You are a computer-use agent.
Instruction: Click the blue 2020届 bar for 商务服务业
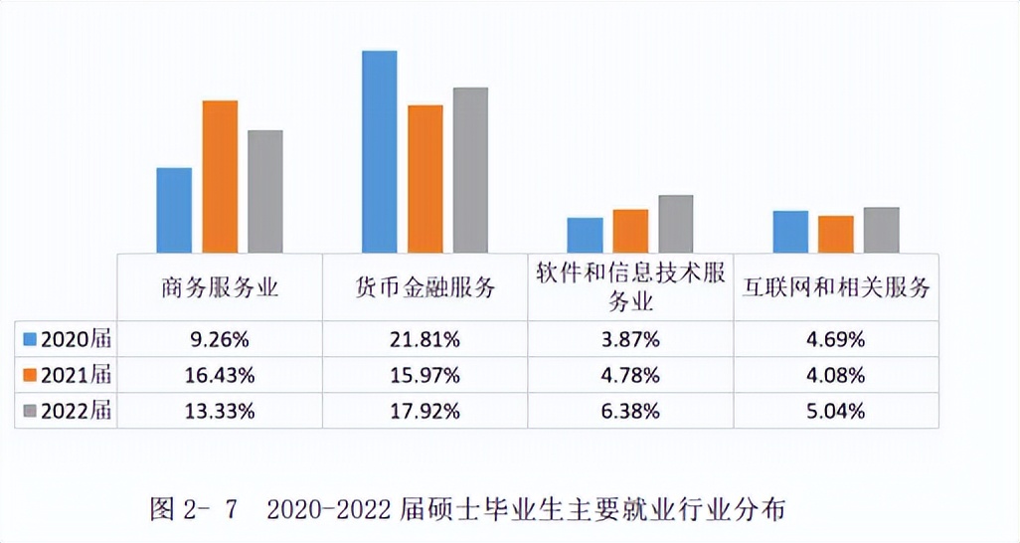[x=174, y=210]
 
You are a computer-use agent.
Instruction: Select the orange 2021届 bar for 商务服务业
[x=220, y=176]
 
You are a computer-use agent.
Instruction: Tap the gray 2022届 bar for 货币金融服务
[x=470, y=170]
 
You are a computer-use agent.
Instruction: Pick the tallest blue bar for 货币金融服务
[x=379, y=151]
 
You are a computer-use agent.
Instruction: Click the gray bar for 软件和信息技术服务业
[x=675, y=224]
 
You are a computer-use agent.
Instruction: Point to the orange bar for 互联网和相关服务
[x=835, y=234]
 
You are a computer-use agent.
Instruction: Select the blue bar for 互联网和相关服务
[x=790, y=232]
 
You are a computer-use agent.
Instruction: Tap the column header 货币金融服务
[x=425, y=288]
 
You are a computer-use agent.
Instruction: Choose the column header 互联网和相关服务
[x=836, y=288]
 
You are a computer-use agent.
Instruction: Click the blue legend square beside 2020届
[x=30, y=339]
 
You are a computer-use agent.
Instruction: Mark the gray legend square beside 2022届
[x=30, y=410]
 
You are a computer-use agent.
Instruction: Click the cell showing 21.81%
[x=425, y=339]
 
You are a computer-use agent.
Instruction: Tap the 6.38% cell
[x=630, y=410]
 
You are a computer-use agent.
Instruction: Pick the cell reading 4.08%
[x=836, y=375]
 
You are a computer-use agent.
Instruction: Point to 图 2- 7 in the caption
[x=195, y=510]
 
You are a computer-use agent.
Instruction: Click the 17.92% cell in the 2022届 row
[x=425, y=410]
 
